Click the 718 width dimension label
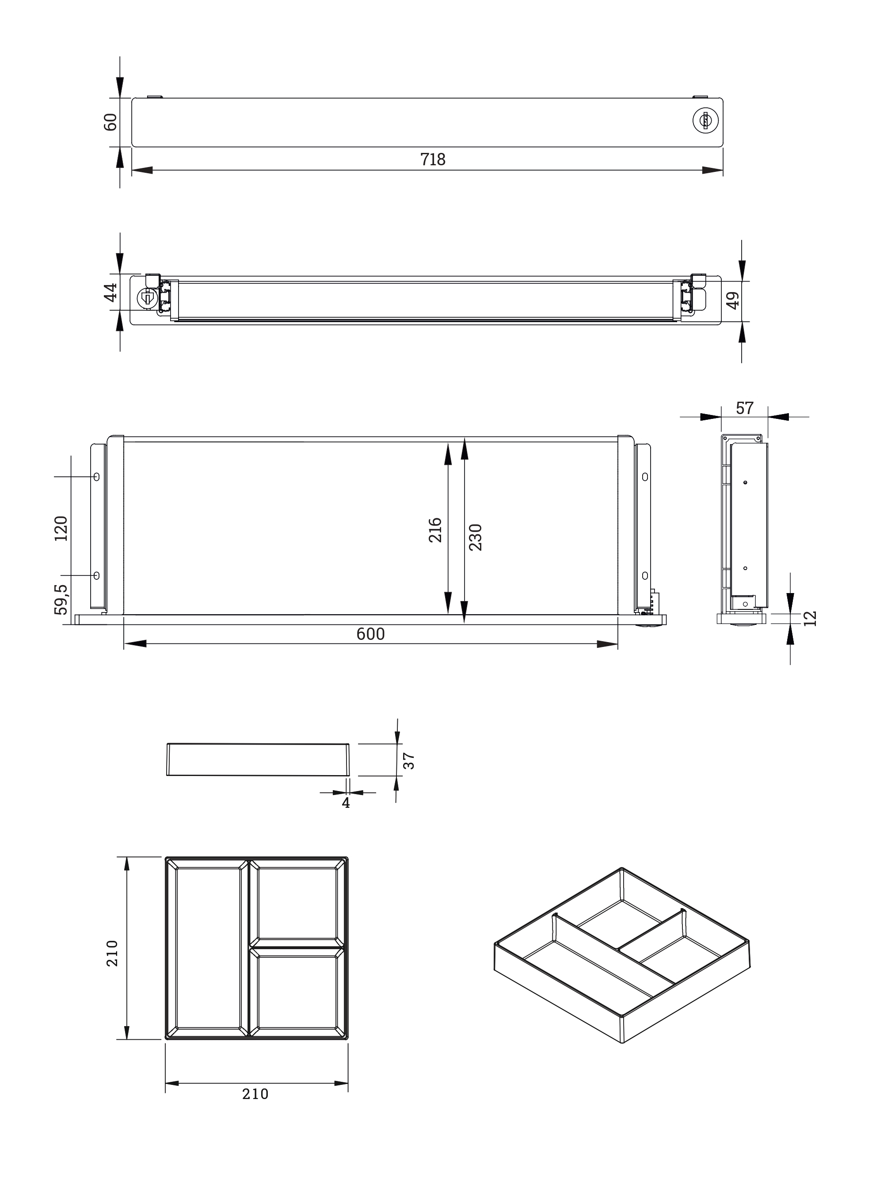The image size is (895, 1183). (432, 160)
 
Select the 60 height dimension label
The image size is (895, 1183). (110, 122)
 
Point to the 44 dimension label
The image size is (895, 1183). (110, 292)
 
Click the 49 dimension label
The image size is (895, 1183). (732, 300)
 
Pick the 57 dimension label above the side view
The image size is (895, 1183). (744, 409)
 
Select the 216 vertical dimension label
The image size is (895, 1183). (435, 529)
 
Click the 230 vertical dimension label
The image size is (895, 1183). (475, 537)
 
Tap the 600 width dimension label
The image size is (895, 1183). (371, 634)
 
